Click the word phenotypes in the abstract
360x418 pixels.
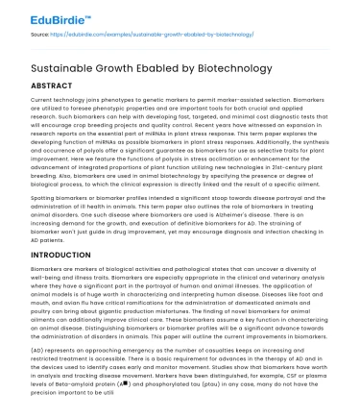(x=134, y=101)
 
